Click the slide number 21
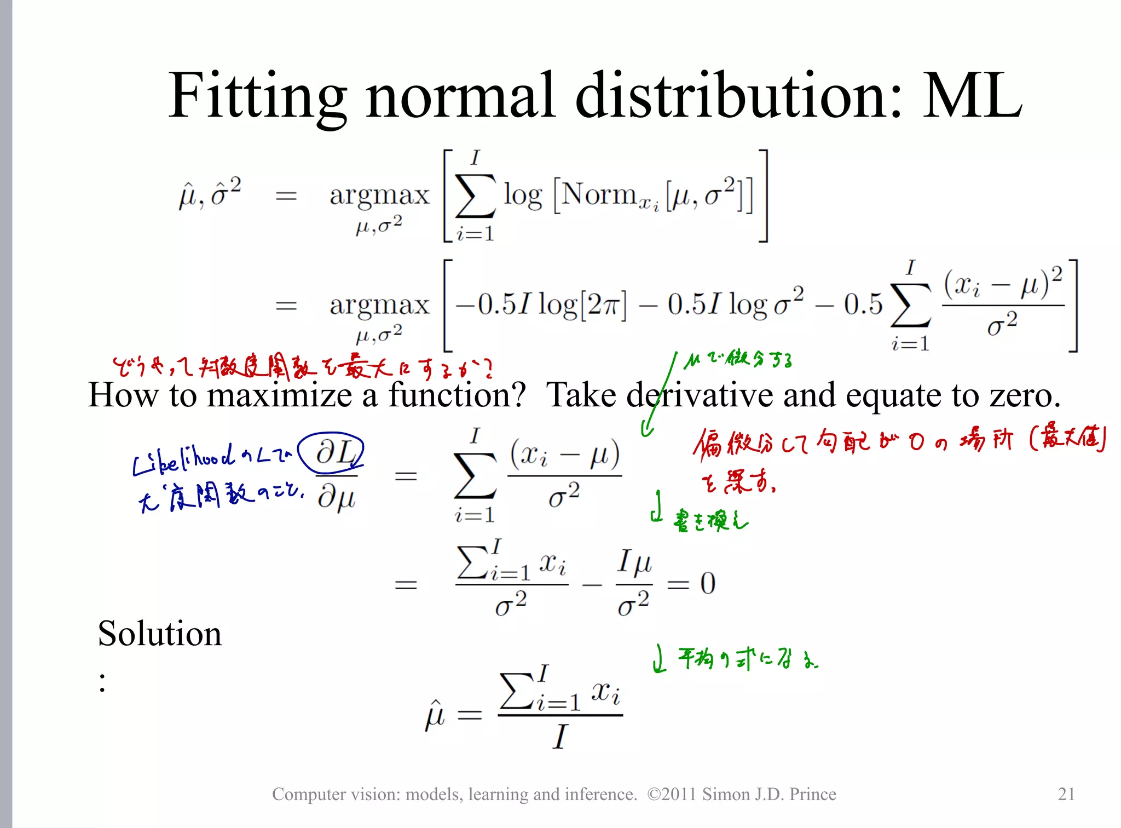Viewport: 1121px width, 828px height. pyautogui.click(x=1066, y=794)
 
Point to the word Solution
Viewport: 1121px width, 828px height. pyautogui.click(x=160, y=634)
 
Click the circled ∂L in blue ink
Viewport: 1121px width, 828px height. pyautogui.click(x=332, y=453)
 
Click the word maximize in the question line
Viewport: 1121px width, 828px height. pyautogui.click(x=280, y=395)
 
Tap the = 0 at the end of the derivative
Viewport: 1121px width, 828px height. pyautogui.click(x=692, y=584)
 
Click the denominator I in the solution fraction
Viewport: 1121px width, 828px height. pyautogui.click(x=559, y=737)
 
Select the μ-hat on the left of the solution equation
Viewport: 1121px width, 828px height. pyautogui.click(x=435, y=715)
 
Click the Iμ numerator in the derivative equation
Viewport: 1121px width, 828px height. pyautogui.click(x=634, y=562)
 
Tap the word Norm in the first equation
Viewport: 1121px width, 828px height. pyautogui.click(x=599, y=194)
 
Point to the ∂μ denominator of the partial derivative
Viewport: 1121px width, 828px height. pyautogui.click(x=337, y=497)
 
